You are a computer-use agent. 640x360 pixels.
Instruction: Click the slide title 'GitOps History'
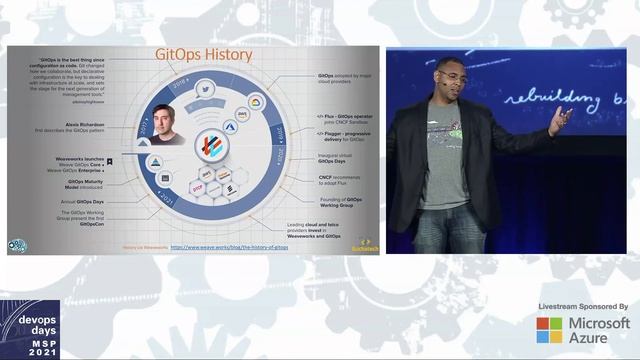pyautogui.click(x=202, y=54)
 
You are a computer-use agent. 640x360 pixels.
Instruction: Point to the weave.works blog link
pyautogui.click(x=229, y=247)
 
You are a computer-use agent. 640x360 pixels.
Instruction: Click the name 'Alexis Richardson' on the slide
pyautogui.click(x=83, y=125)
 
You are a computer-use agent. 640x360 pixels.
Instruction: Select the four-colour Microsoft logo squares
pyautogui.click(x=549, y=330)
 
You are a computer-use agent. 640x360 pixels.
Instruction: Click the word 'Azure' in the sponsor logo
pyautogui.click(x=591, y=339)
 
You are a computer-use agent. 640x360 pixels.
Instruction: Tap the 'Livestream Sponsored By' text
pyautogui.click(x=583, y=306)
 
